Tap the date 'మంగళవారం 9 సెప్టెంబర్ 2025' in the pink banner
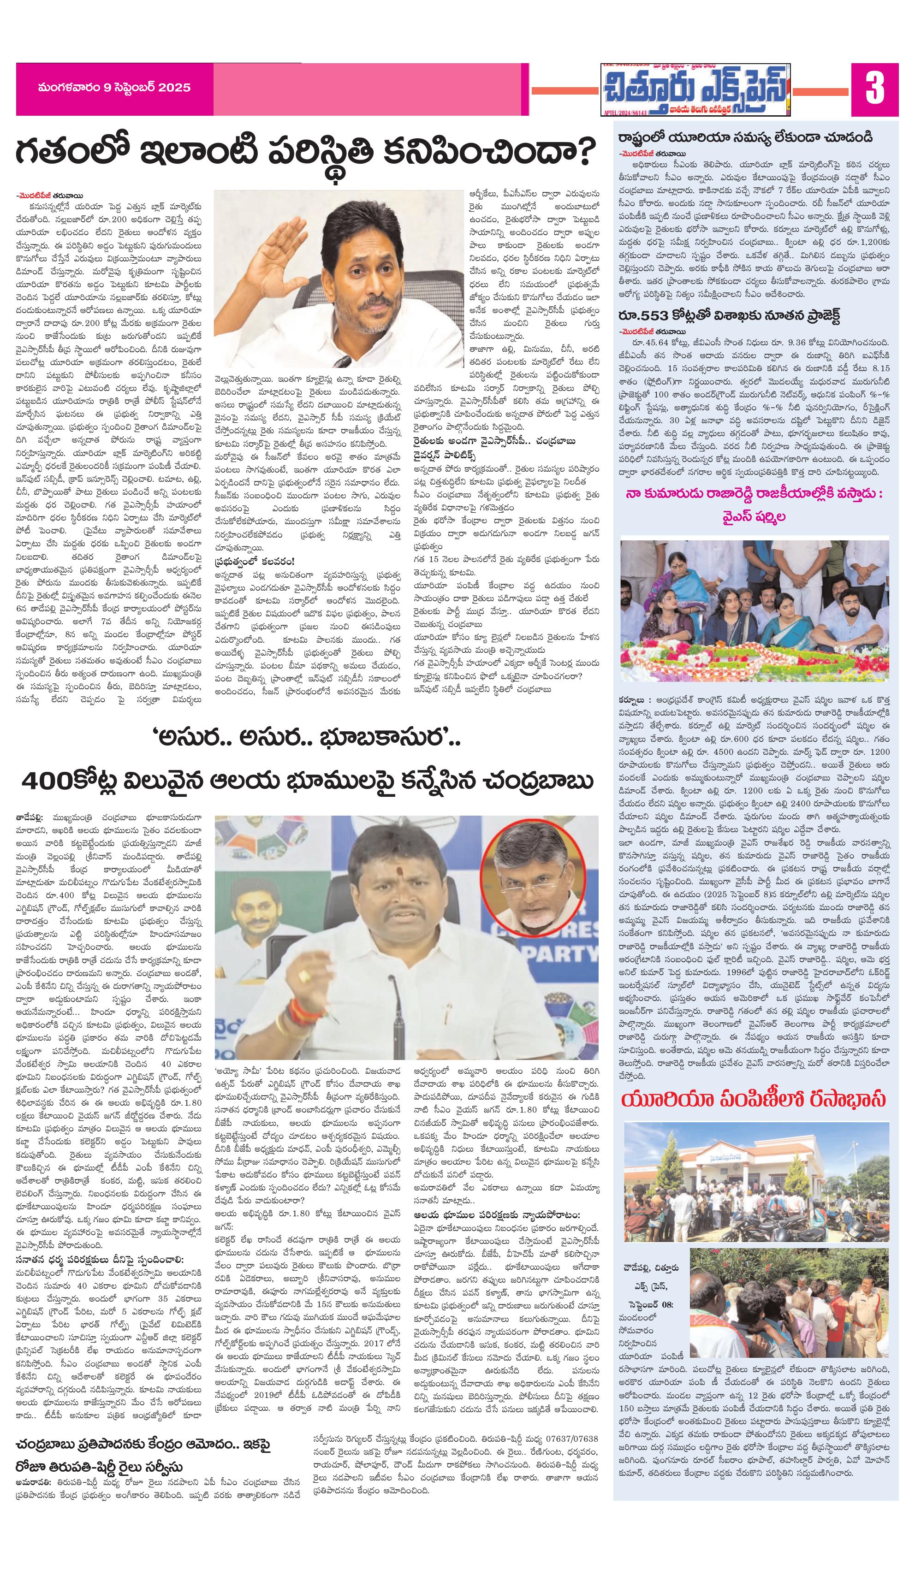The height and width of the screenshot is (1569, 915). [114, 88]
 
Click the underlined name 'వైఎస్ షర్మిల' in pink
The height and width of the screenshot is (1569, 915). [754, 517]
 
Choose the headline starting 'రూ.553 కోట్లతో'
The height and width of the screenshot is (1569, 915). [729, 316]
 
